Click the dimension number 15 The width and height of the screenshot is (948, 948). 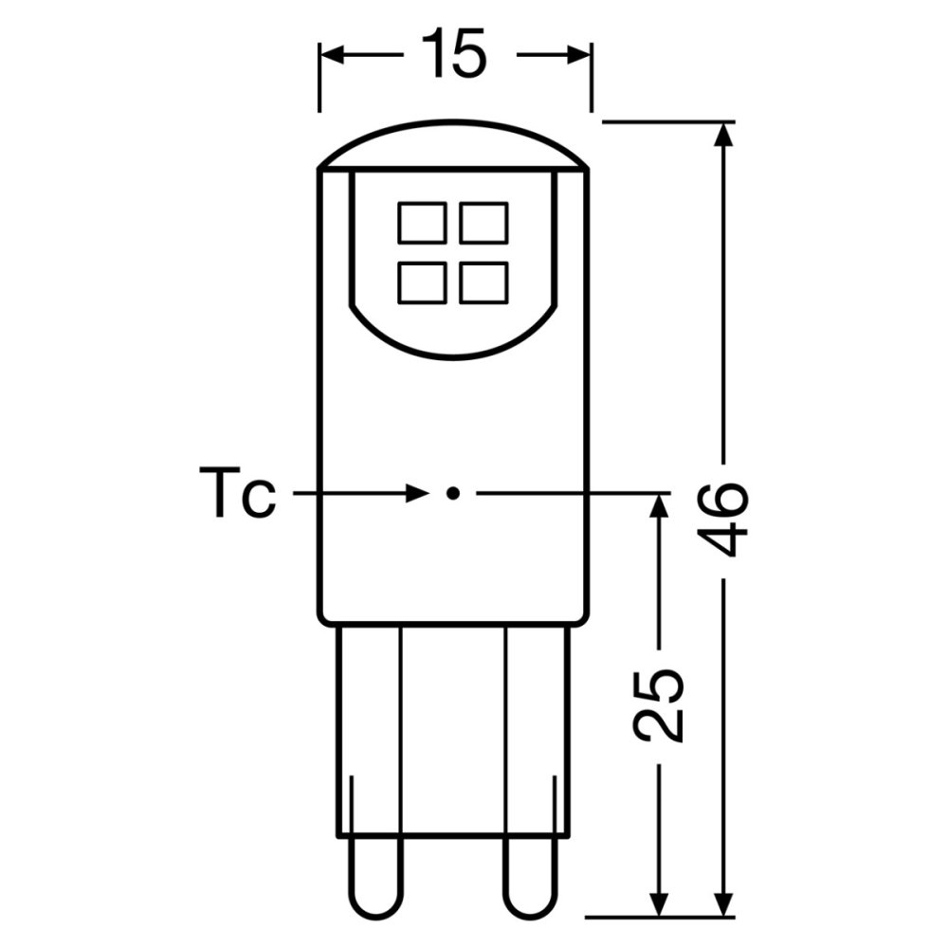[x=454, y=54]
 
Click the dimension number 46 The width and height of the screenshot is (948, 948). [x=727, y=520]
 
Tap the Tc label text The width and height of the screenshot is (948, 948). [x=237, y=494]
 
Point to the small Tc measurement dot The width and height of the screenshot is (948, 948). [x=453, y=493]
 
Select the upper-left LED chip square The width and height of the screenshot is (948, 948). [x=422, y=223]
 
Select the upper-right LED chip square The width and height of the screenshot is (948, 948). [x=483, y=223]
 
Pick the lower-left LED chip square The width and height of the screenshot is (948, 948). [x=422, y=283]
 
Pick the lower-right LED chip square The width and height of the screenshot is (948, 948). [x=483, y=283]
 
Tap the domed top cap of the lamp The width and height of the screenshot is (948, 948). [x=453, y=147]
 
